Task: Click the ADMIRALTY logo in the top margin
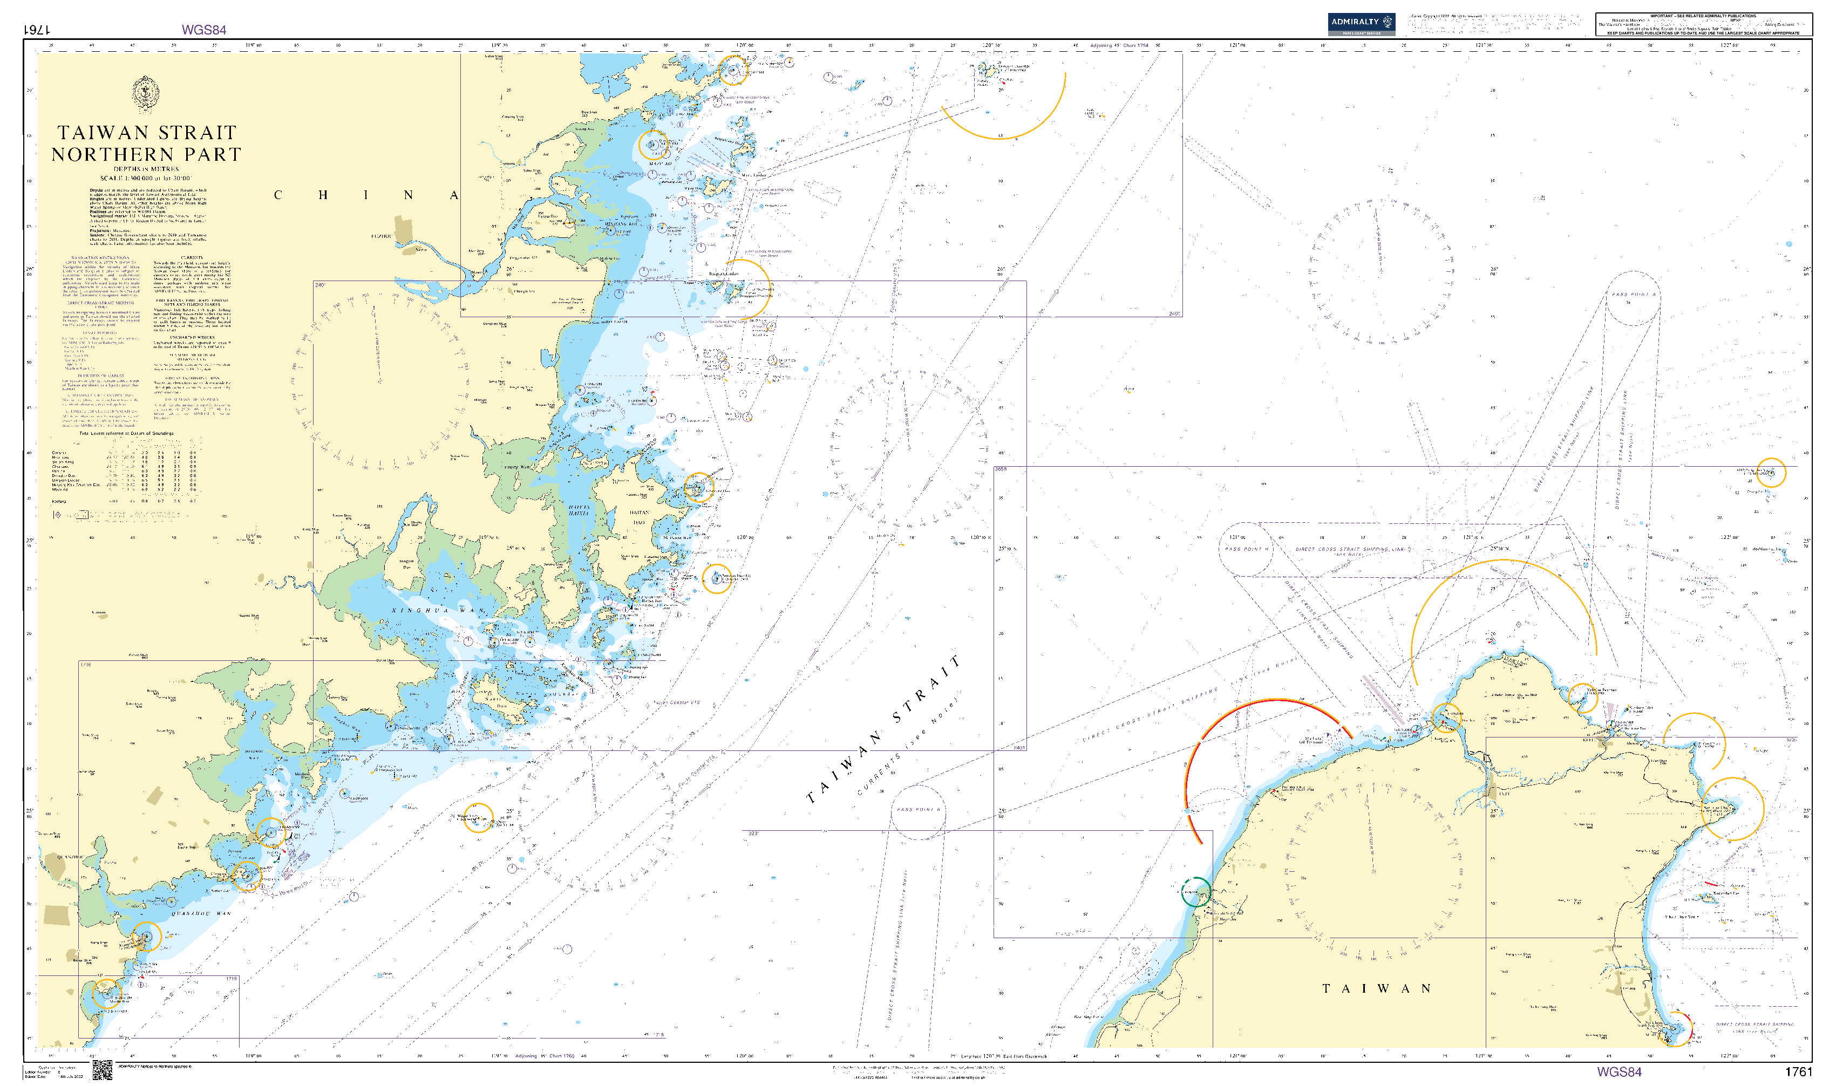[1361, 23]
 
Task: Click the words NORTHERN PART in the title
[146, 154]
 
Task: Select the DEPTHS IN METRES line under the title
[146, 169]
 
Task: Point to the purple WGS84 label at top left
[203, 30]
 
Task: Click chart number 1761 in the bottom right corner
[1798, 1072]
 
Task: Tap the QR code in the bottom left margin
[103, 1069]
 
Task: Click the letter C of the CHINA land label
[277, 195]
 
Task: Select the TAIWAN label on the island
[1376, 989]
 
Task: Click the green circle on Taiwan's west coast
[1195, 892]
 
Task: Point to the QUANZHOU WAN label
[201, 914]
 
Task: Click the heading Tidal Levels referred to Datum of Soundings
[126, 433]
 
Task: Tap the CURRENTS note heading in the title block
[192, 257]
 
